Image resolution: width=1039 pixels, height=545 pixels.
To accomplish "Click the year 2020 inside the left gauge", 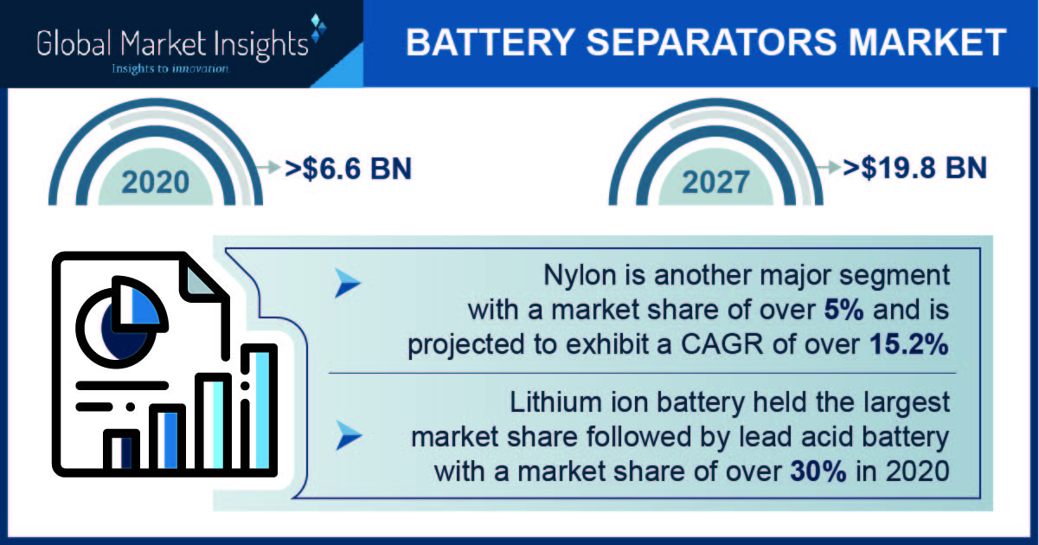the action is [x=156, y=182].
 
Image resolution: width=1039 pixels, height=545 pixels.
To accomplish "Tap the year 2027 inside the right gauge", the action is [x=715, y=182].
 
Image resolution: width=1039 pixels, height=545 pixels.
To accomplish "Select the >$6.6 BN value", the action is [x=349, y=168].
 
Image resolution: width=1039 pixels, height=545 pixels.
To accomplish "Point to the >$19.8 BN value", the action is [x=914, y=168].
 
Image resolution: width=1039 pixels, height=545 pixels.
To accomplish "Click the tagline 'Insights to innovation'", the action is [x=170, y=69].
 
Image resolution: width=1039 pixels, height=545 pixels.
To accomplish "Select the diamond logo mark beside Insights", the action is [x=318, y=28].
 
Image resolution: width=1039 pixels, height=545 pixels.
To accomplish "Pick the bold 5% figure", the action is [x=843, y=310].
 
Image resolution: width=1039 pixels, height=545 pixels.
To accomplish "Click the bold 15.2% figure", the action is [x=908, y=344].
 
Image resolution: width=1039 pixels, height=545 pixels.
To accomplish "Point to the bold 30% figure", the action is [x=818, y=471].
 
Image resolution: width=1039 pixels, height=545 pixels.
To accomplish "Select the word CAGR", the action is [x=722, y=344].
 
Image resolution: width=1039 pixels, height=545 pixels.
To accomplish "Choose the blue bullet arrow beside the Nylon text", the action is [x=347, y=283].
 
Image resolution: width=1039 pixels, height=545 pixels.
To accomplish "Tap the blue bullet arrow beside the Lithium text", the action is [x=349, y=435].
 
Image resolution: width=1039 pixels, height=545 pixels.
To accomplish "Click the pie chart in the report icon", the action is [x=121, y=322].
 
